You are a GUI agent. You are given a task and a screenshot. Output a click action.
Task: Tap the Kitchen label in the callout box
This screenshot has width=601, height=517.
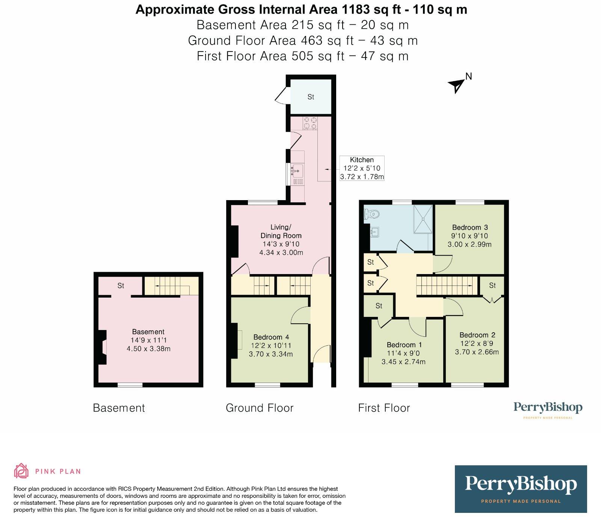pyautogui.click(x=362, y=160)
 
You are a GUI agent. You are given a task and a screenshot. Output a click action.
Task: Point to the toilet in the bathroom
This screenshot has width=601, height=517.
pyautogui.click(x=372, y=214)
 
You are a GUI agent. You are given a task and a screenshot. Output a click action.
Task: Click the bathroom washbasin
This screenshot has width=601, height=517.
pyautogui.click(x=374, y=232)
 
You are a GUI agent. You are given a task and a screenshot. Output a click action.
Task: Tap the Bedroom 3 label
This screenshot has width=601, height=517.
pyautogui.click(x=470, y=227)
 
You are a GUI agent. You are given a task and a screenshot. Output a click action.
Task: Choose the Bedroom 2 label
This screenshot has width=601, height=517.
pyautogui.click(x=477, y=335)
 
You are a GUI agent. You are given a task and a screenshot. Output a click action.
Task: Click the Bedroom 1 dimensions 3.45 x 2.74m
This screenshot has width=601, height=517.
pyautogui.click(x=403, y=362)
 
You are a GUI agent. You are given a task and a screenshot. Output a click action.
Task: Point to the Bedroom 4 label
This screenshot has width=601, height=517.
pyautogui.click(x=271, y=337)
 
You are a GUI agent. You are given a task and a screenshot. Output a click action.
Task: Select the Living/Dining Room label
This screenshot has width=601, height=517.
pyautogui.click(x=281, y=231)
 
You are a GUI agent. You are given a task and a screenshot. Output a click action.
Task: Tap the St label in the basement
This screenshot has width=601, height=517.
pyautogui.click(x=121, y=286)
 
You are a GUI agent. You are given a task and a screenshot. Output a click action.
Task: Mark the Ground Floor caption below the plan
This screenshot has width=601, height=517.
pyautogui.click(x=260, y=408)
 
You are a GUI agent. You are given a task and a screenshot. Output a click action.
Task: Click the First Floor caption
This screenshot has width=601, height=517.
pyautogui.click(x=384, y=408)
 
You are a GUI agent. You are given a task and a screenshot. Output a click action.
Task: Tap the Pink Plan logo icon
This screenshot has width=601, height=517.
pyautogui.click(x=21, y=471)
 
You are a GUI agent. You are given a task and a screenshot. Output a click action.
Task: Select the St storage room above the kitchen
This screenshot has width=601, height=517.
pyautogui.click(x=311, y=96)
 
